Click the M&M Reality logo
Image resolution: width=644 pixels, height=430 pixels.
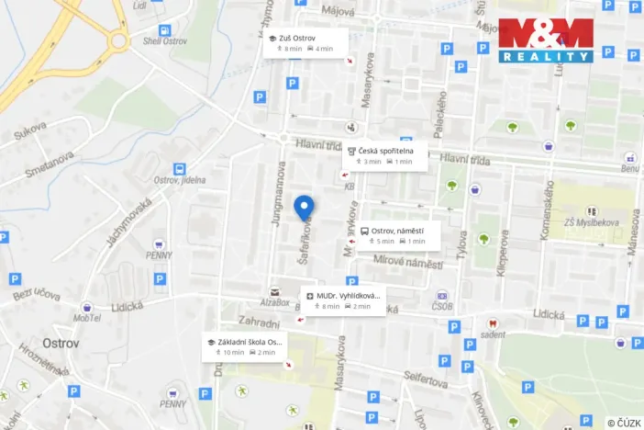coord(546,40)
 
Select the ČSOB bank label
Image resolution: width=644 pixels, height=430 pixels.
coord(443,308)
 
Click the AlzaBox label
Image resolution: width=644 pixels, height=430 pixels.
coord(273,302)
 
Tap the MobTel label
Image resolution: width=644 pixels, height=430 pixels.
coord(87,318)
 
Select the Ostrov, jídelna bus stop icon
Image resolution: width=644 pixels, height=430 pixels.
coord(179,168)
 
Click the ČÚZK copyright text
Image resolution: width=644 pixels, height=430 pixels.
coord(624,423)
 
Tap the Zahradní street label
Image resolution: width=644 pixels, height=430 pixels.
coord(258,323)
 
